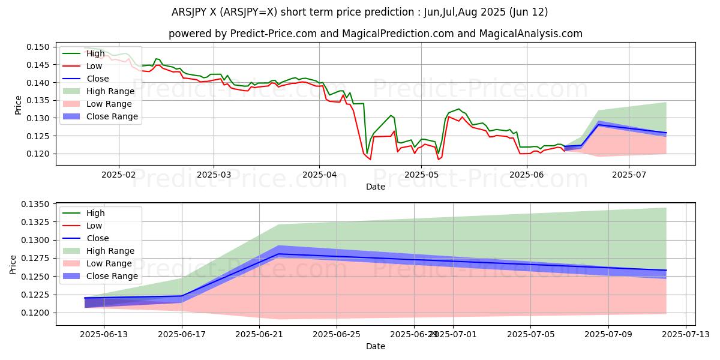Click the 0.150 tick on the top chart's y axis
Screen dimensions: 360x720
tap(41, 47)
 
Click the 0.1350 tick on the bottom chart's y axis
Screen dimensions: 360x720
tap(39, 204)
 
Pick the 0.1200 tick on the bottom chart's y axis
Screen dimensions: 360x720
tap(39, 313)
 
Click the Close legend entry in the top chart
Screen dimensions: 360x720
tap(98, 79)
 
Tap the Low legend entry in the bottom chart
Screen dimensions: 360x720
tap(94, 226)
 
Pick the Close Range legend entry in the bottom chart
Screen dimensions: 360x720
tap(112, 276)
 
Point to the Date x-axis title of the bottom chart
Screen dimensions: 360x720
tap(376, 346)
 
